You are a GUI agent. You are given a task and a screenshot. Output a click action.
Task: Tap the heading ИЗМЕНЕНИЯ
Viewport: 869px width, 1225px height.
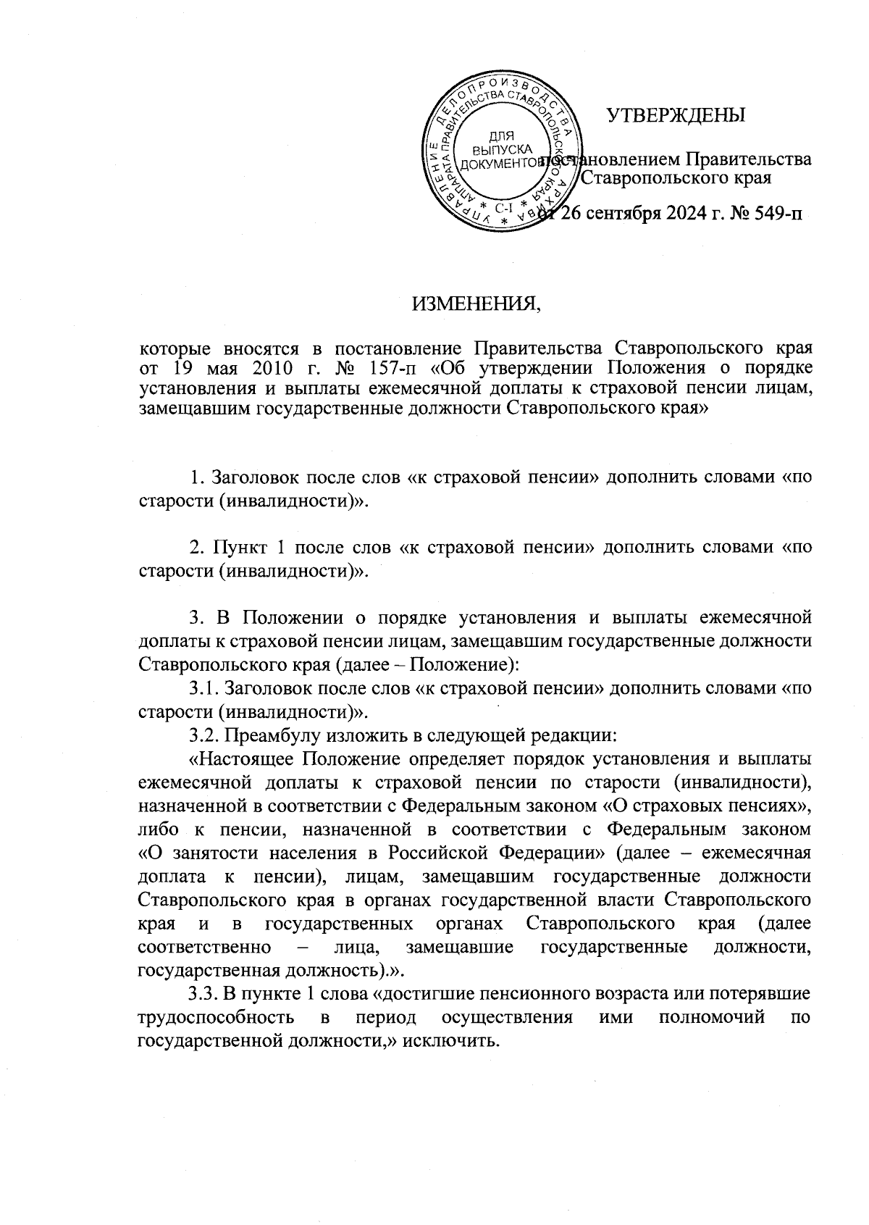(477, 303)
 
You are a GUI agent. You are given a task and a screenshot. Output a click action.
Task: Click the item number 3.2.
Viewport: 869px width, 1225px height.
(203, 736)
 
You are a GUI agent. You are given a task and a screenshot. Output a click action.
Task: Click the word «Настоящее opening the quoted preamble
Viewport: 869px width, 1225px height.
(240, 759)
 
